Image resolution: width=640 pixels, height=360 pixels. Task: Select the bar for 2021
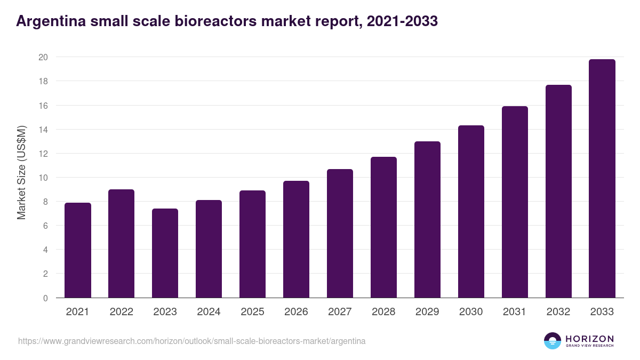pyautogui.click(x=78, y=250)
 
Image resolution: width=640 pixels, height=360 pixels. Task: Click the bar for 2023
pyautogui.click(x=165, y=253)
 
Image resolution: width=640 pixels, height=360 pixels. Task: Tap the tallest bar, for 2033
pyautogui.click(x=602, y=179)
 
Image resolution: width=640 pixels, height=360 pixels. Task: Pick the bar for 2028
pyautogui.click(x=383, y=227)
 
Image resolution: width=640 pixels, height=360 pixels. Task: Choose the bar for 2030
pyautogui.click(x=471, y=212)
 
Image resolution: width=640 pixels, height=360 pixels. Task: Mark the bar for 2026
pyautogui.click(x=296, y=239)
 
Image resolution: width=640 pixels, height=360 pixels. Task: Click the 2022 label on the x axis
pyautogui.click(x=122, y=312)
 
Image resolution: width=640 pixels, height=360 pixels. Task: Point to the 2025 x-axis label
pyautogui.click(x=252, y=312)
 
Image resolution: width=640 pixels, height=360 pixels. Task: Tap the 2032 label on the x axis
pyautogui.click(x=558, y=312)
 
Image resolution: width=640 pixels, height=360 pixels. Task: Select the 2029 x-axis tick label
pyautogui.click(x=427, y=312)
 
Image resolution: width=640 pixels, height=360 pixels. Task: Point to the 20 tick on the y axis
pyautogui.click(x=44, y=57)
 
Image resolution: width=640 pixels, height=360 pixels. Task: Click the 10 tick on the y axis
pyautogui.click(x=44, y=178)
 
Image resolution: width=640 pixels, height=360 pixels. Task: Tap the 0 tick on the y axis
pyautogui.click(x=46, y=298)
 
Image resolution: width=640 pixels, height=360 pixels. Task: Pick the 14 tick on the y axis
pyautogui.click(x=44, y=130)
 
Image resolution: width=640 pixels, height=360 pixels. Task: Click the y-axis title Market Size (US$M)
pyautogui.click(x=21, y=172)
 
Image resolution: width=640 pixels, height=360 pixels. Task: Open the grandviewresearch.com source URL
pyautogui.click(x=192, y=341)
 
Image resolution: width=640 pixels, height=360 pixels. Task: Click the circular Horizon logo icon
pyautogui.click(x=553, y=341)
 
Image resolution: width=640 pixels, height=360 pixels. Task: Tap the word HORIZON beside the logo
pyautogui.click(x=589, y=339)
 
